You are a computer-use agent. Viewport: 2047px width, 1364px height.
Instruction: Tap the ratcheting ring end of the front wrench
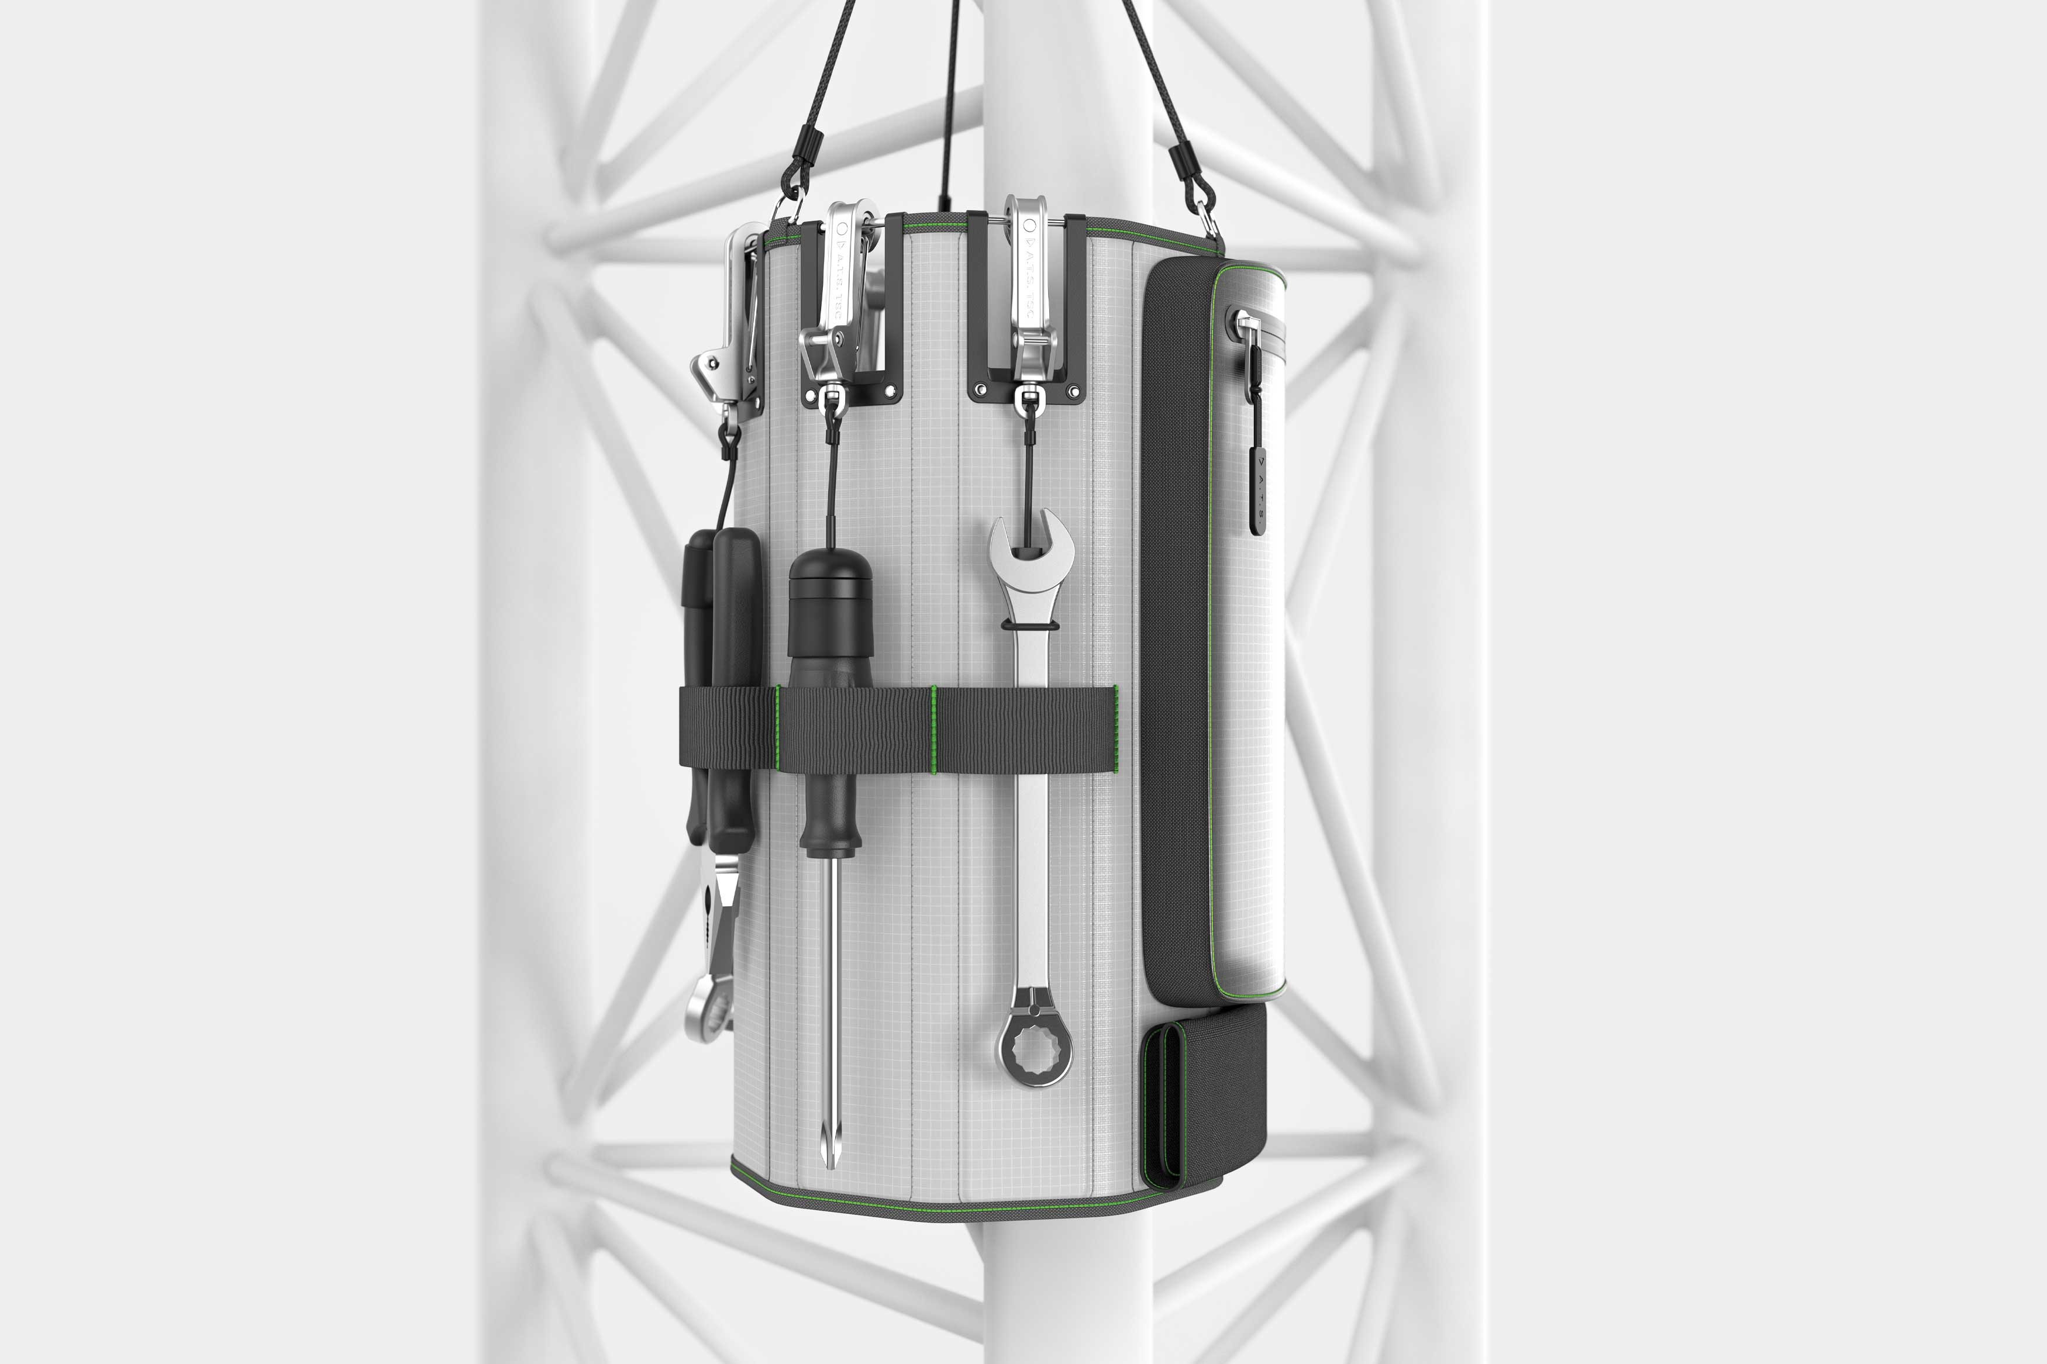click(1035, 1048)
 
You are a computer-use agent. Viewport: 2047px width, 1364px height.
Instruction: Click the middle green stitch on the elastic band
click(935, 729)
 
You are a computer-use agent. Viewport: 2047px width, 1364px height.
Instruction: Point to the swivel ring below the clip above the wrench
click(1029, 400)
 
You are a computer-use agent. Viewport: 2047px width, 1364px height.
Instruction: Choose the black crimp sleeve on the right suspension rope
click(1184, 165)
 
